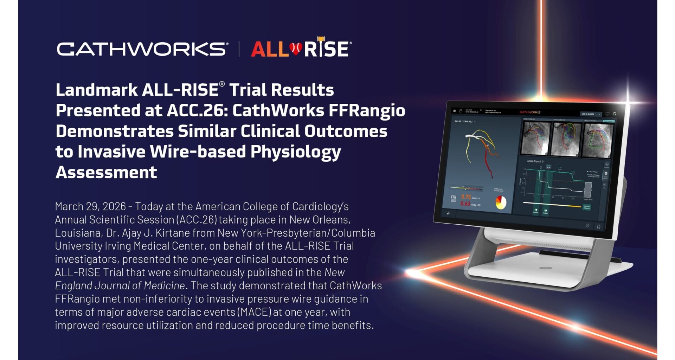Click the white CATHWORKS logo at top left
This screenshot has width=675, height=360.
coord(142,49)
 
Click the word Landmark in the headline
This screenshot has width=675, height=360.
coord(96,90)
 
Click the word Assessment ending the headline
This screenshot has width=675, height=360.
coord(106,173)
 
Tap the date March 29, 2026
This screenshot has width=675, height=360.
coord(90,206)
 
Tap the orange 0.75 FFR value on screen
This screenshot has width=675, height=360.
coord(466,197)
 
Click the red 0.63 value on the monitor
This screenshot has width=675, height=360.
coord(465,204)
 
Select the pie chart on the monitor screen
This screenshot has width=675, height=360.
coord(501,202)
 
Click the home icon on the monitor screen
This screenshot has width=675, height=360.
coord(598,226)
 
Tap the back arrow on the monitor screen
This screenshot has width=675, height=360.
coord(448,213)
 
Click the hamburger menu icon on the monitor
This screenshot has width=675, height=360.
coord(454,111)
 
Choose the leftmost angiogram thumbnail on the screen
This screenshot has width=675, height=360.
coord(535,138)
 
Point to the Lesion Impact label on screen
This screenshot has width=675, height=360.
coord(534,161)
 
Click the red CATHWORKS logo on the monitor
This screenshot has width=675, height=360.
coord(530,112)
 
